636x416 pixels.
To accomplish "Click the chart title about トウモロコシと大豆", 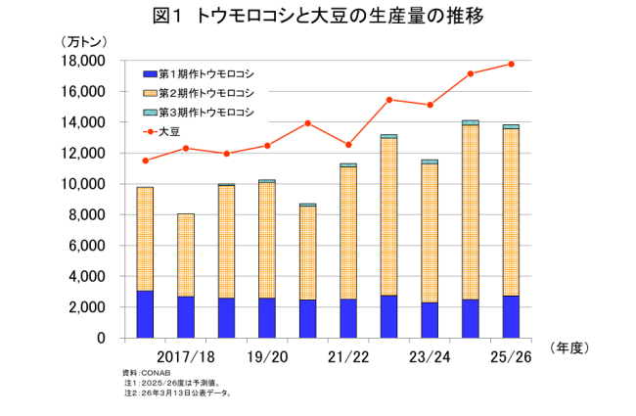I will tap(317, 17).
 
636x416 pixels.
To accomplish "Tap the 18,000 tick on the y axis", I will tap(83, 61).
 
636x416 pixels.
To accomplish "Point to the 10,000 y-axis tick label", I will tap(83, 184).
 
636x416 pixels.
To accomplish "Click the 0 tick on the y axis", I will tap(101, 339).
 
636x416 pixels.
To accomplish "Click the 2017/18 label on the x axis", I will tap(185, 357).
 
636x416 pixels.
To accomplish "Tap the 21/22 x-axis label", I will tap(348, 357).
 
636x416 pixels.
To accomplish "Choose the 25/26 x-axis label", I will tap(511, 357).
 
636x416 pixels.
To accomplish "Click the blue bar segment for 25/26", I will tap(511, 316).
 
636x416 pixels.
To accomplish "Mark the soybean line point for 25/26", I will tap(511, 65).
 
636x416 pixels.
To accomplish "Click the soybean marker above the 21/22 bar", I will tap(348, 145).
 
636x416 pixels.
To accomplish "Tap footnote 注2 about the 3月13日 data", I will tap(181, 393).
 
